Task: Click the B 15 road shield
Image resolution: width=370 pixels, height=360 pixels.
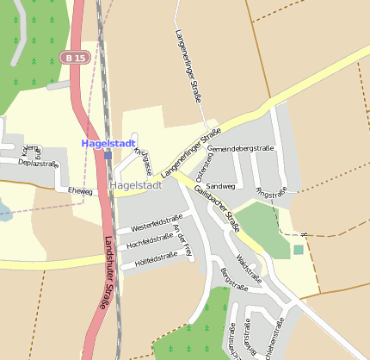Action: (74, 58)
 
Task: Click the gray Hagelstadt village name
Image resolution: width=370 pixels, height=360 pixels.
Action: (137, 184)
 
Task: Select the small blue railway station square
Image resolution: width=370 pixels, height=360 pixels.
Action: (108, 156)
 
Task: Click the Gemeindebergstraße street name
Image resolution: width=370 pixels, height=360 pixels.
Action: (241, 148)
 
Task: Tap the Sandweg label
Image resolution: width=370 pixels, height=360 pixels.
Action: (220, 185)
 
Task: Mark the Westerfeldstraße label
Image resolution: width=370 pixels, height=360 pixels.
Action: (157, 223)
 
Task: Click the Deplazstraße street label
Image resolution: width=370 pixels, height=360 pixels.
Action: (38, 163)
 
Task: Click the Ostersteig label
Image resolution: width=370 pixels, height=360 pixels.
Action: (213, 162)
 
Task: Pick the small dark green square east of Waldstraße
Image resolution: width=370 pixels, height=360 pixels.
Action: (299, 250)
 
